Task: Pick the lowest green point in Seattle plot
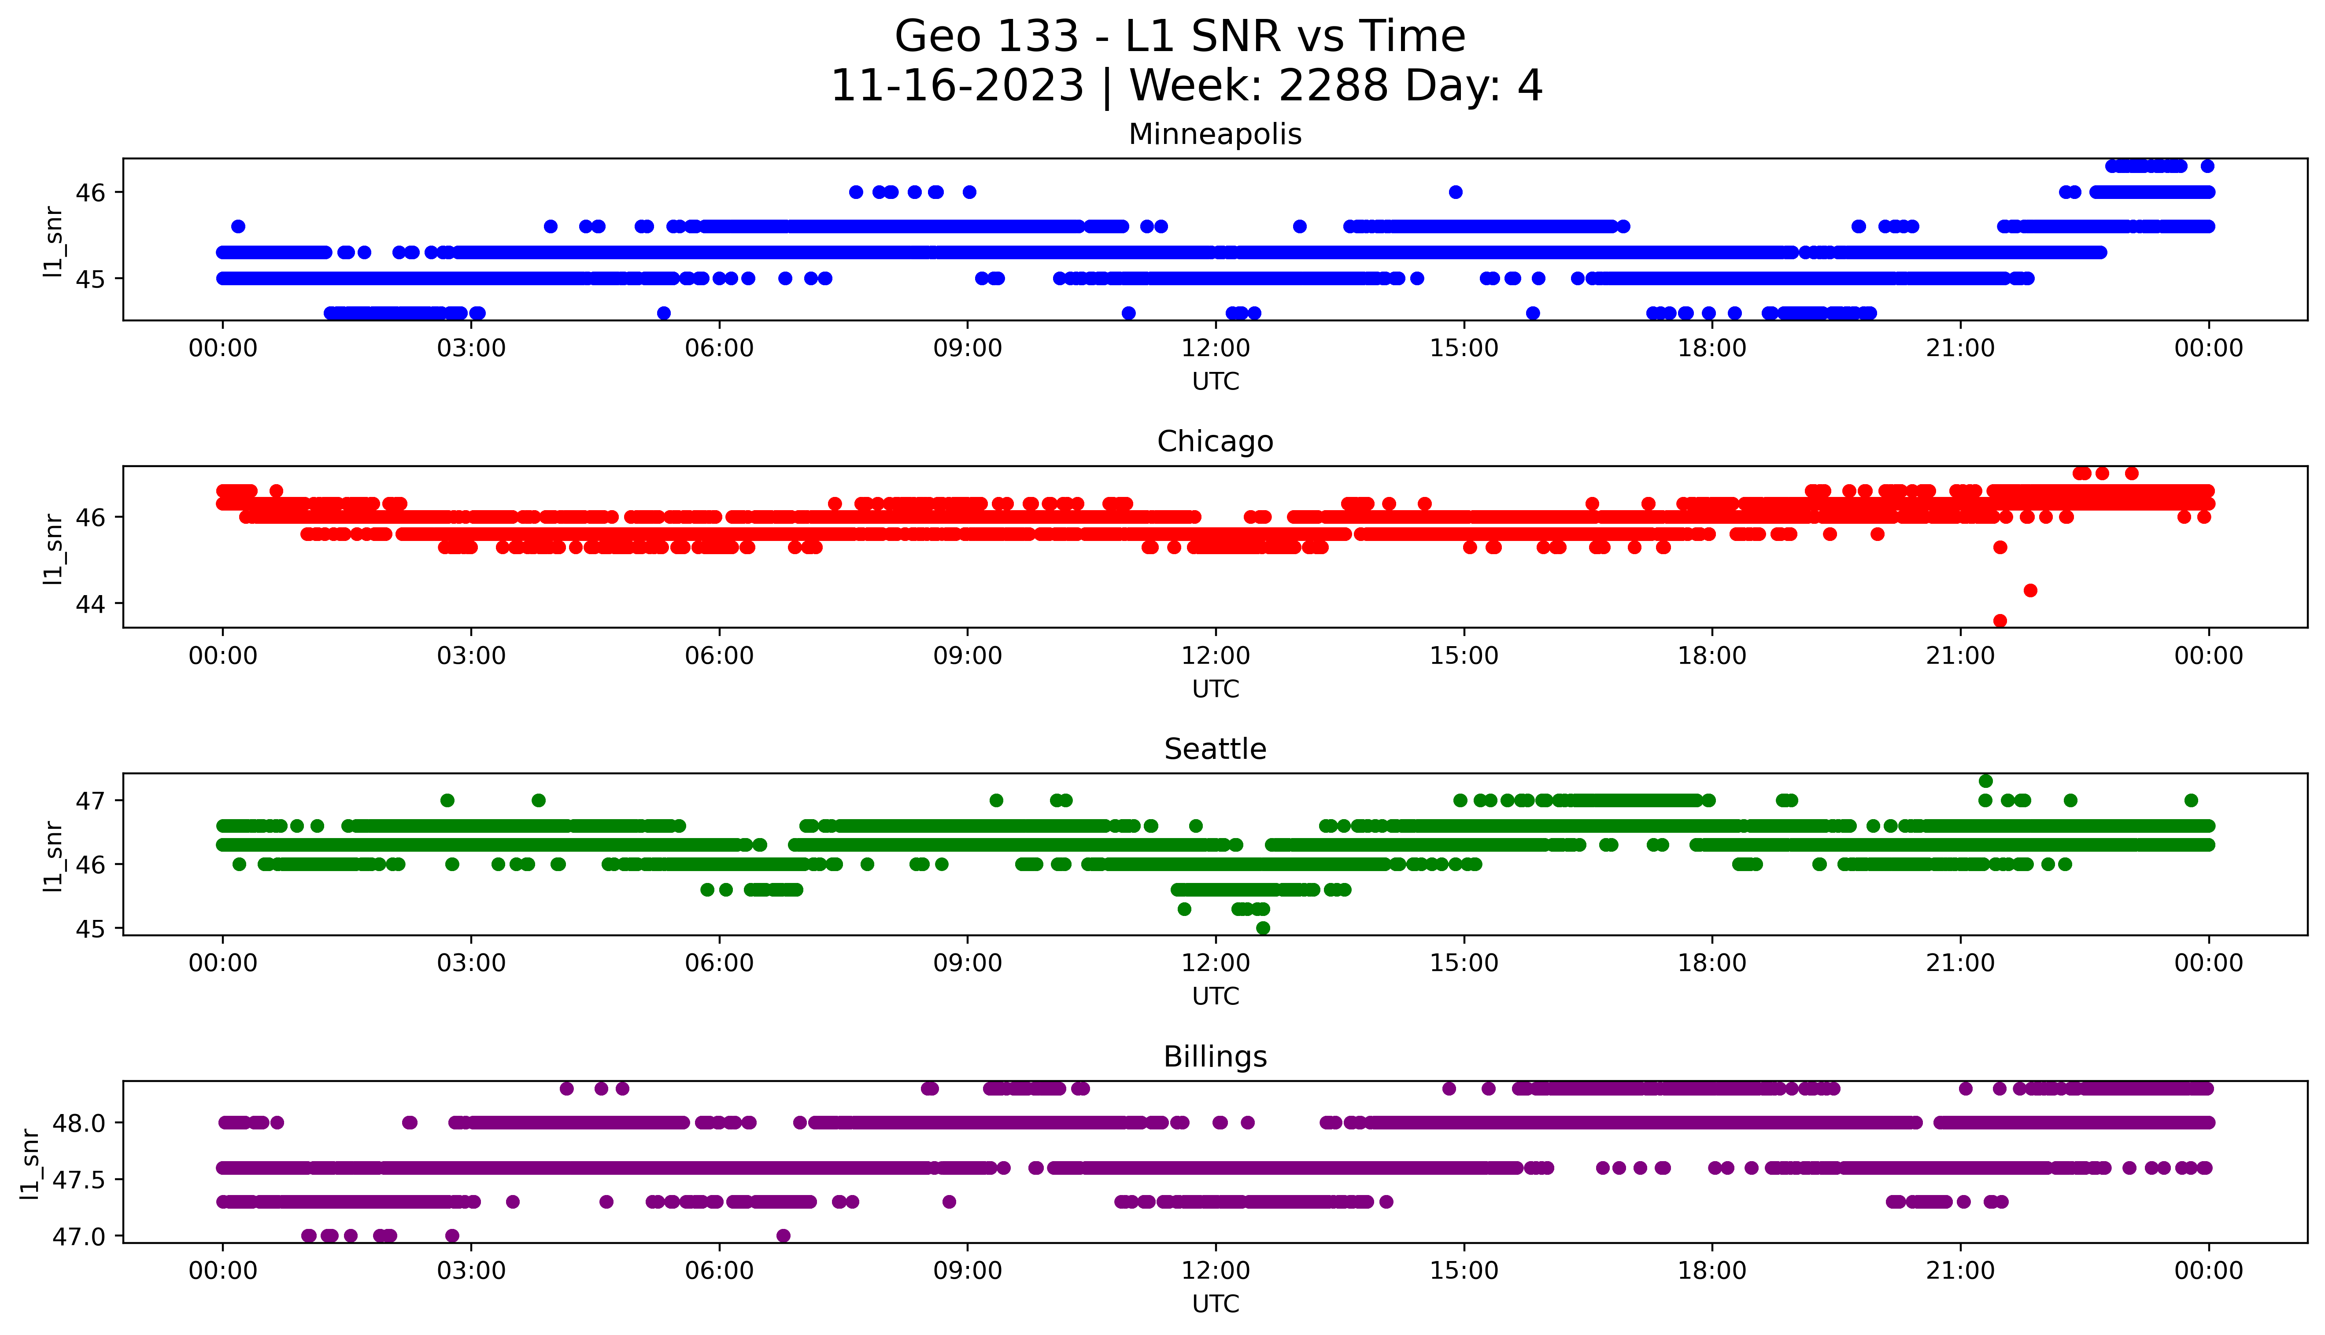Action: pyautogui.click(x=1263, y=928)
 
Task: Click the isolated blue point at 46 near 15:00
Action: pyautogui.click(x=1456, y=191)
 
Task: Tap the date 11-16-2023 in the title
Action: pyautogui.click(x=957, y=86)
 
